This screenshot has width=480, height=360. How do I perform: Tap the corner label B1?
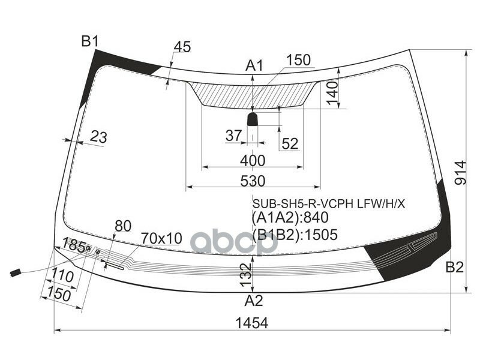coord(89,41)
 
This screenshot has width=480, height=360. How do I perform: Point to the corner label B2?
coord(454,268)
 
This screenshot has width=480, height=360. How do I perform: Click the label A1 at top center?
coord(254,66)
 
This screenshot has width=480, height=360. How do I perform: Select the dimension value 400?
coord(253,160)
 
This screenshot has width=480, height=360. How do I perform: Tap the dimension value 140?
coord(332,93)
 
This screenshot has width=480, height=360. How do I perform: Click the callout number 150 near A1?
coord(298,60)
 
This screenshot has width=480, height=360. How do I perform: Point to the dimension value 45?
coord(182,47)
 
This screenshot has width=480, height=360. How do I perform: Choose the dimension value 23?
coord(98,137)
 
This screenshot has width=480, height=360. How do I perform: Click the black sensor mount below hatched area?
coord(253,119)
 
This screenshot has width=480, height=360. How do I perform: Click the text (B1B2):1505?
coord(295,234)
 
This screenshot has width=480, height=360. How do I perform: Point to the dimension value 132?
coord(243,274)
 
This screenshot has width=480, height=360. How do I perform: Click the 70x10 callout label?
coord(161,238)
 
